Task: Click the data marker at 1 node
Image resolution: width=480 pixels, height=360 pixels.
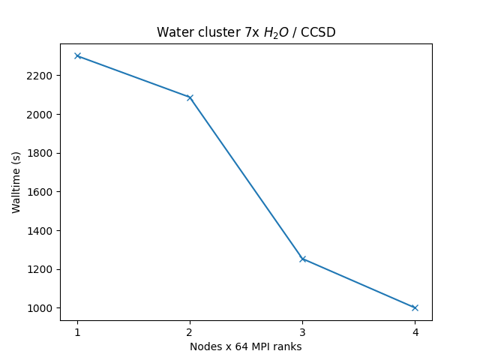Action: (x=77, y=56)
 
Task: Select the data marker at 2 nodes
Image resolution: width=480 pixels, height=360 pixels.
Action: (x=190, y=97)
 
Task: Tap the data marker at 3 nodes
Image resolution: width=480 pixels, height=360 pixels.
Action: (x=302, y=259)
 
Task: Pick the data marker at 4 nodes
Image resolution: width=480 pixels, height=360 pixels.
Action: (x=415, y=307)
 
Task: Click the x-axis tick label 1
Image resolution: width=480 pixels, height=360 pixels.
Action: (x=77, y=331)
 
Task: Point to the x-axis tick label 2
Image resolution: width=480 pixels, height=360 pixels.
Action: (x=190, y=331)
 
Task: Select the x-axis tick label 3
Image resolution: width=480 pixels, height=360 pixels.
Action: (x=302, y=331)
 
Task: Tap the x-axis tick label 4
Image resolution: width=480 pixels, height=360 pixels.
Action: (x=415, y=331)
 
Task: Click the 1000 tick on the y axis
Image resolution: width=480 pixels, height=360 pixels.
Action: (x=40, y=308)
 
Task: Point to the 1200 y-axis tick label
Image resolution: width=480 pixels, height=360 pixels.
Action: (x=40, y=269)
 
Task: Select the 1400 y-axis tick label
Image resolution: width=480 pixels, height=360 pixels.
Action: (x=40, y=230)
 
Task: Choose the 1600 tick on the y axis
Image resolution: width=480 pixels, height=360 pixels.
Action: (x=40, y=192)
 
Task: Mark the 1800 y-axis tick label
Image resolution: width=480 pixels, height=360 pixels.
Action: (x=40, y=153)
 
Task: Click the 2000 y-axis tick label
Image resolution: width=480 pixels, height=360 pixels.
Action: (x=40, y=115)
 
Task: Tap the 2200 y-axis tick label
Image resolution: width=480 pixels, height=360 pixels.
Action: (x=40, y=76)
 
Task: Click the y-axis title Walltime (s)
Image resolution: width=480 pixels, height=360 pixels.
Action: (x=16, y=181)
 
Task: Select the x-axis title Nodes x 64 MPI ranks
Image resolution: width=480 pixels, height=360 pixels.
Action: (x=246, y=346)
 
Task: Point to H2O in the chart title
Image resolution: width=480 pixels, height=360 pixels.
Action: (x=271, y=33)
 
